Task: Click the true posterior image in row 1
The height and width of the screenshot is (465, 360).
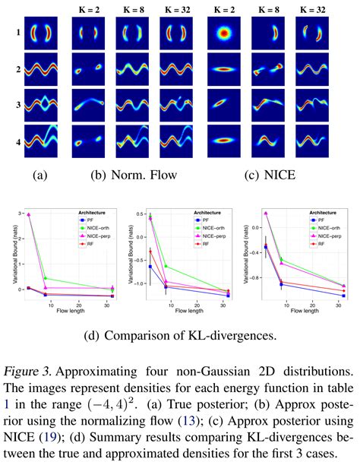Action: (x=39, y=35)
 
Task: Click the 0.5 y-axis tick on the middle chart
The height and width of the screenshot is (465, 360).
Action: (x=136, y=215)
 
